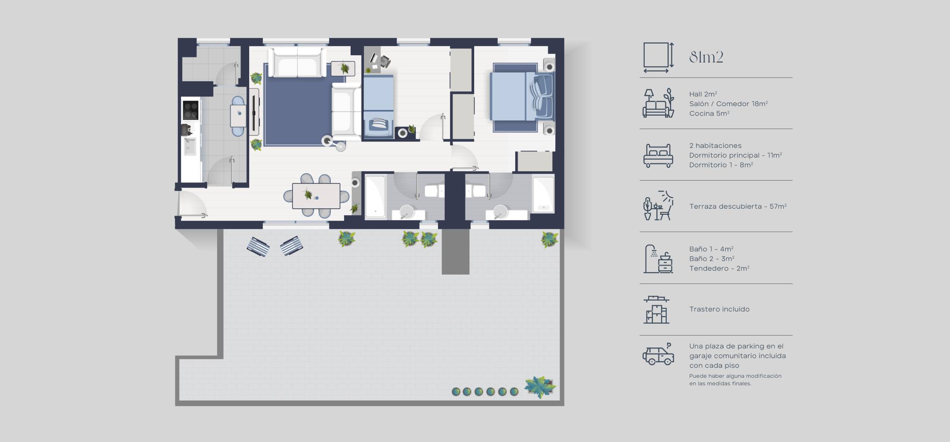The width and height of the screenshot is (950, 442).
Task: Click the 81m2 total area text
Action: (x=706, y=57)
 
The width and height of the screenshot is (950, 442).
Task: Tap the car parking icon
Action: (x=658, y=355)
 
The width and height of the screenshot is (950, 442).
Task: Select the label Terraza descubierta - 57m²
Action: (x=738, y=207)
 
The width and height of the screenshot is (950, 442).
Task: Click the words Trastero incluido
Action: (x=719, y=309)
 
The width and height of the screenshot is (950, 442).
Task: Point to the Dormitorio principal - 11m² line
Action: (x=735, y=155)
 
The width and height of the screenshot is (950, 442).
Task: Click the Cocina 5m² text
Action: (x=709, y=113)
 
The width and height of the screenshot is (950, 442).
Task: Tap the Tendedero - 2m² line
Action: (x=719, y=268)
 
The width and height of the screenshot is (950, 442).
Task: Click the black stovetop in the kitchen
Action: (x=190, y=110)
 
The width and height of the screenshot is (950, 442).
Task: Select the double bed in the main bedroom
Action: (x=522, y=97)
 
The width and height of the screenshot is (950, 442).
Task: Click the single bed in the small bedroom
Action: (x=378, y=106)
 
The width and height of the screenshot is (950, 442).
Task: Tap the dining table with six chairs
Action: (x=316, y=196)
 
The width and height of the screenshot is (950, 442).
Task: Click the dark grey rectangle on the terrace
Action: (x=455, y=252)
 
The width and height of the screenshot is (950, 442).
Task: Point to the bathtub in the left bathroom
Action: (x=375, y=196)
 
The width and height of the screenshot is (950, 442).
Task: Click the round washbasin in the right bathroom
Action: (x=500, y=211)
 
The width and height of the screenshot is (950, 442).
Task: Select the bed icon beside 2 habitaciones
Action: (x=658, y=155)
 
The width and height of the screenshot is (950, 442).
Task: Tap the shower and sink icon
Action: (x=658, y=259)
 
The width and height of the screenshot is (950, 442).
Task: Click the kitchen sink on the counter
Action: (x=190, y=146)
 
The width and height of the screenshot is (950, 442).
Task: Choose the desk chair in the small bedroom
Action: (x=385, y=62)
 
